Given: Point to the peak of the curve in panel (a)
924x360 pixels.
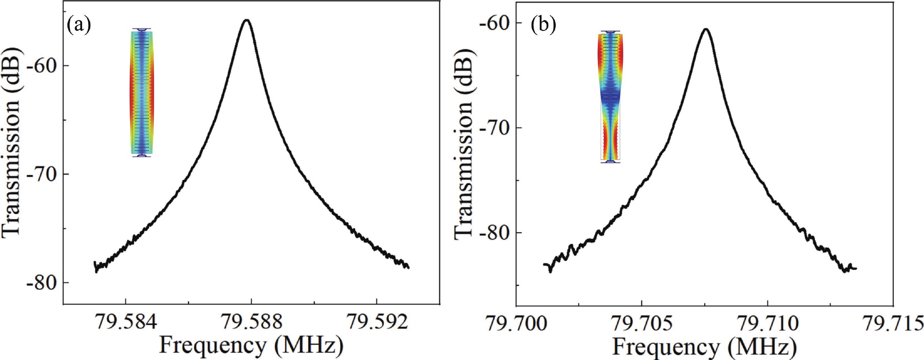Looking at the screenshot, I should [x=246, y=20].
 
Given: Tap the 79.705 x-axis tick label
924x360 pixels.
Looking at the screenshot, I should [x=641, y=323].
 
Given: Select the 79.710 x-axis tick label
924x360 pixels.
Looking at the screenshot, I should [x=767, y=323].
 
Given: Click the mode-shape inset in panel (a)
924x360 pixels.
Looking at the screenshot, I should [x=142, y=92].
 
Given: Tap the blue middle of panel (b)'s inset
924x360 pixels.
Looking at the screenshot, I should [x=610, y=97].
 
